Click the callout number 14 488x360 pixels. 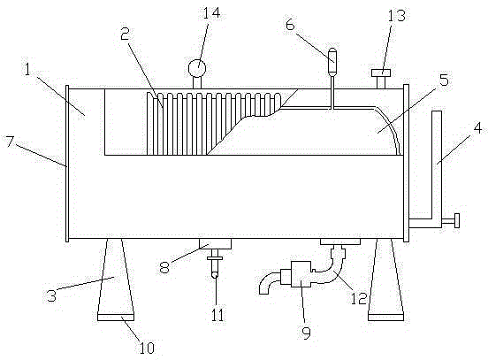pos(211,13)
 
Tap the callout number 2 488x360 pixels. pos(126,34)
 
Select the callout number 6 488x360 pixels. pos(290,25)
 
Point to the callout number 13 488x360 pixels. pos(397,16)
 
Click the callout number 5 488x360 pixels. pos(444,80)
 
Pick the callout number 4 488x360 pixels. pos(477,128)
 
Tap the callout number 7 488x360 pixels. pos(10,142)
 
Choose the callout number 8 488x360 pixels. pos(164,267)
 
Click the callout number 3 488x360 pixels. pos(51,295)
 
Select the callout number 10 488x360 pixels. pos(146,348)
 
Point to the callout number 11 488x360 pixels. pos(217,315)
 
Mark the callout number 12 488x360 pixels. pos(359,299)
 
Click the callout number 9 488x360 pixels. pos(307,333)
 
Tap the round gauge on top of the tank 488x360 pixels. pos(197,69)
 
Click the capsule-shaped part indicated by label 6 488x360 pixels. pos(332,56)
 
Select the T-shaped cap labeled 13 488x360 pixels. pos(381,79)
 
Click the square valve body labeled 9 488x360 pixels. pos(301,274)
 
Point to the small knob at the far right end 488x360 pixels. pos(457,221)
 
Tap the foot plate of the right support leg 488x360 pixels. pos(386,317)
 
